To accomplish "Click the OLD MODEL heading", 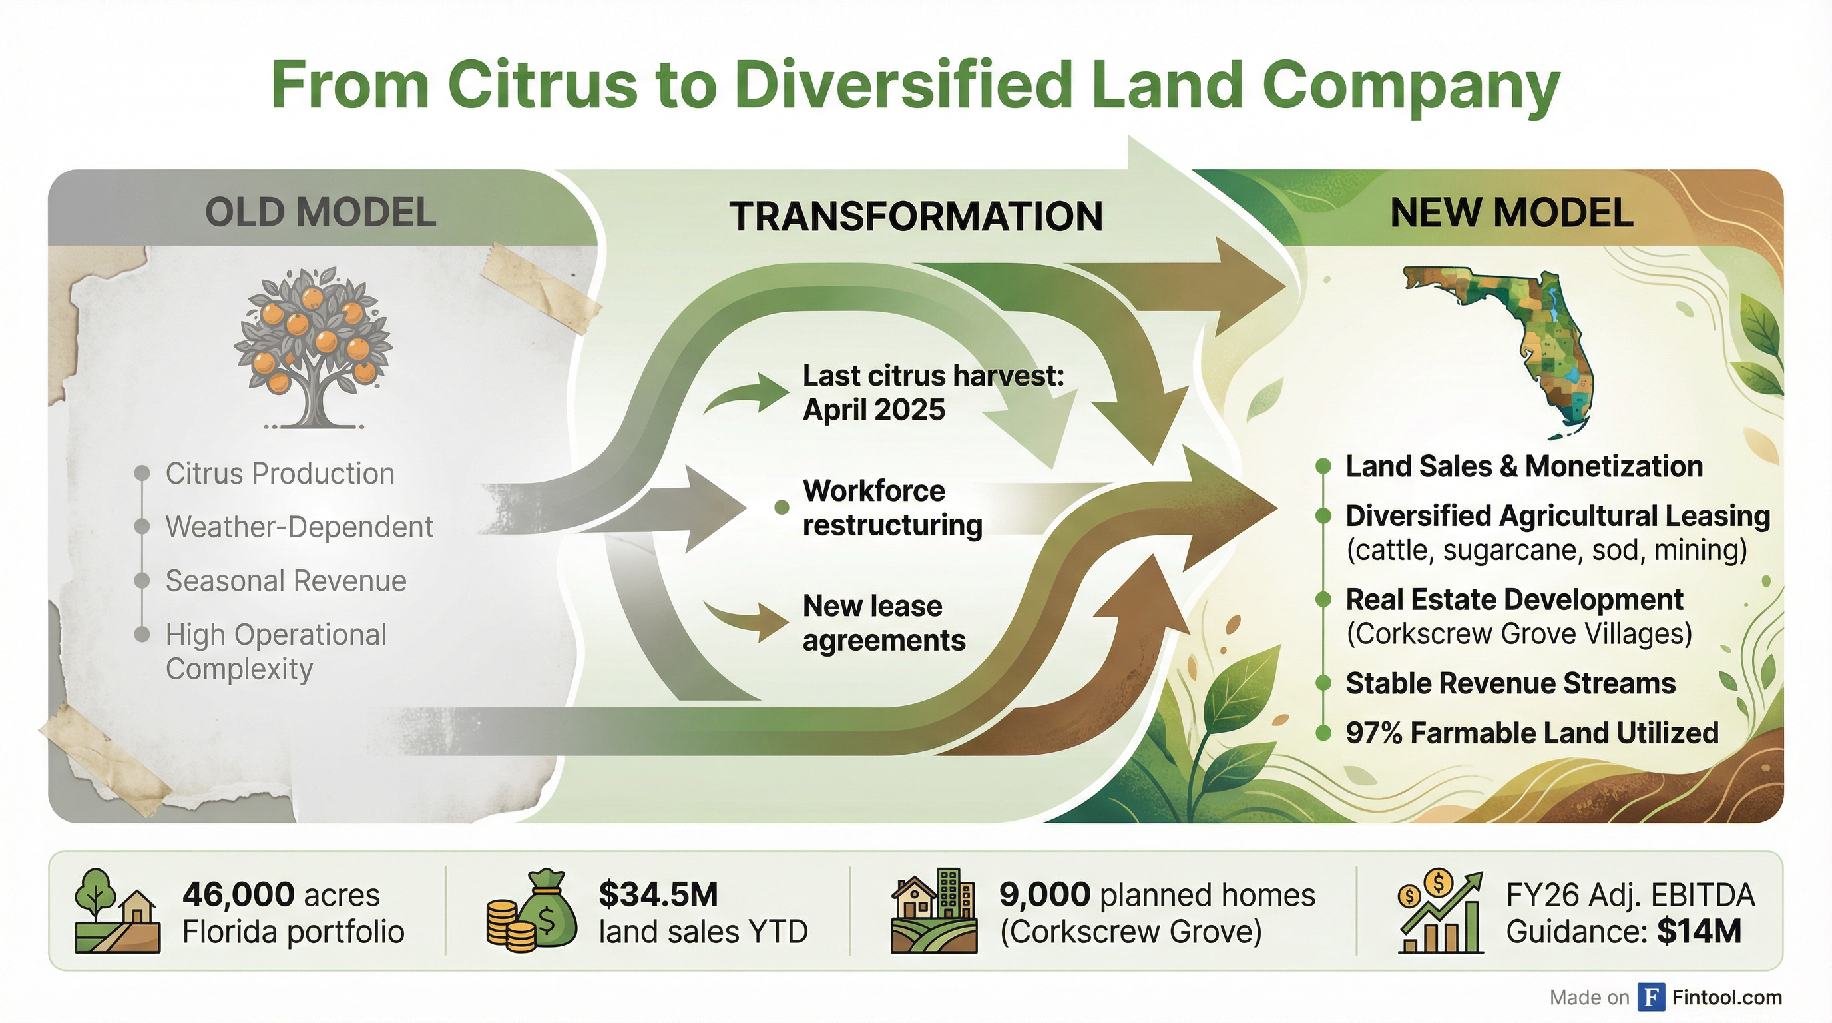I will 320,212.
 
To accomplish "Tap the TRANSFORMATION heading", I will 915,217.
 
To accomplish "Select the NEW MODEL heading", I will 1511,212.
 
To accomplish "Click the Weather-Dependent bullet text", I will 299,527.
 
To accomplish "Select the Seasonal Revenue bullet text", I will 286,581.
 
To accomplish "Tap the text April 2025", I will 873,410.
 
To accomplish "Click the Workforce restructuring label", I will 892,508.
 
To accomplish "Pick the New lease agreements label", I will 883,623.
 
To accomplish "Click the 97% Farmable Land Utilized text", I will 1531,733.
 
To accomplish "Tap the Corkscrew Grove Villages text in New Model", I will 1518,634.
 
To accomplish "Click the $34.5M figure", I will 658,895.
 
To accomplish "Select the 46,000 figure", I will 238,895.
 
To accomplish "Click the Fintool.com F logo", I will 1651,998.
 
